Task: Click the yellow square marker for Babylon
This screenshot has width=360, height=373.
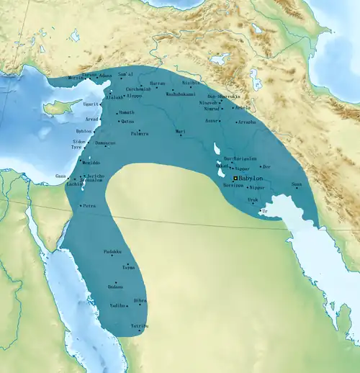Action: tap(235, 177)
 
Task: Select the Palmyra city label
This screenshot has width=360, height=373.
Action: tap(139, 134)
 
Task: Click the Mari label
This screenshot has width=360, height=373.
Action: tap(181, 132)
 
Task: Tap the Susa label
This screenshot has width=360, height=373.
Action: tap(296, 184)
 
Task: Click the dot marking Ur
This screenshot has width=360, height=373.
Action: tap(261, 211)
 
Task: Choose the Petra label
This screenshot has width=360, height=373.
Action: tap(89, 206)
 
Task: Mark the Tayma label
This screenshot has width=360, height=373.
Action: tap(128, 267)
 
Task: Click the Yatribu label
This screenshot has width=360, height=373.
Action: tap(140, 326)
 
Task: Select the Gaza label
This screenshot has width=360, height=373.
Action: tap(60, 176)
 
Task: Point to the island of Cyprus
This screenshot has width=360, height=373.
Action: tap(55, 109)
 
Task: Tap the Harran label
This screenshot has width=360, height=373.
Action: tap(157, 84)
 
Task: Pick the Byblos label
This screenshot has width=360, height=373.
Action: tap(84, 131)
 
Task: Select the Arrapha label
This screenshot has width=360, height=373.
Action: tap(246, 122)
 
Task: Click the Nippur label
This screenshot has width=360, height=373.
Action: tap(256, 187)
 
